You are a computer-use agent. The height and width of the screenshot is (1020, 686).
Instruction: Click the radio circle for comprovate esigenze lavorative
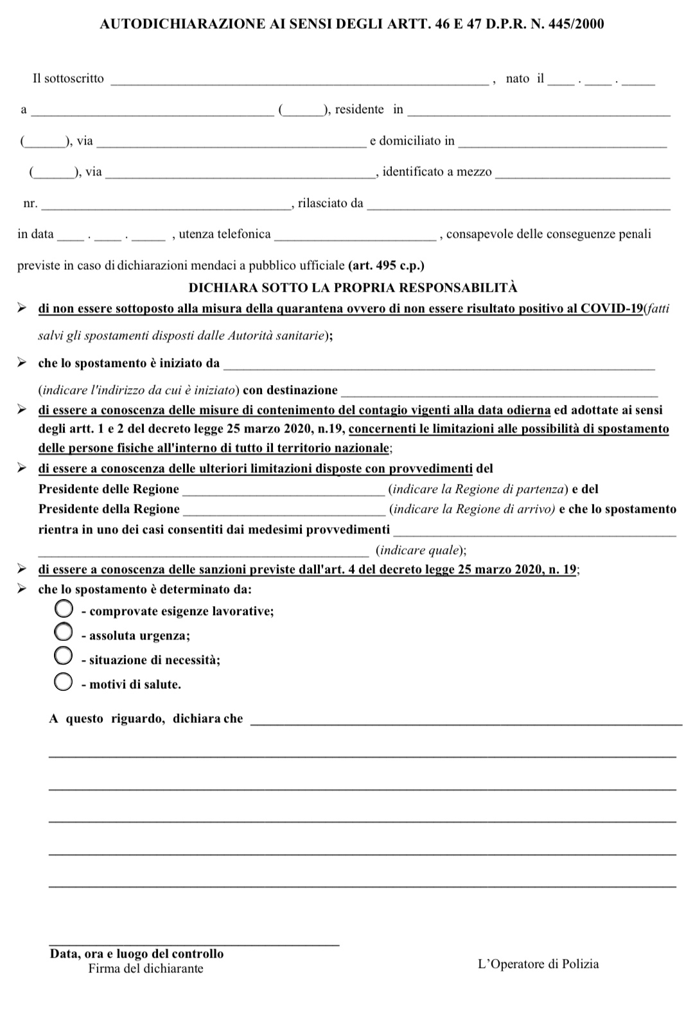[63, 609]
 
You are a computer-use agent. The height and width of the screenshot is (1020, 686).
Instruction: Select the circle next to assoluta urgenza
[63, 632]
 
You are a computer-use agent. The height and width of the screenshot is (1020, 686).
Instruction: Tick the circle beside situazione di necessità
[63, 656]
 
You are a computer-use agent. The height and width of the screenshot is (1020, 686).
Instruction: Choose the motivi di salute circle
[63, 682]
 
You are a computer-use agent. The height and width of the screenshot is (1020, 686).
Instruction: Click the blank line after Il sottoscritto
[299, 81]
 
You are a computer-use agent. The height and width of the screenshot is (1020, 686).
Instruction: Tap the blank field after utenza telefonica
[355, 237]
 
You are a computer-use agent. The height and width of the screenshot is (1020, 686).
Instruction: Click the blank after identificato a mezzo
[583, 174]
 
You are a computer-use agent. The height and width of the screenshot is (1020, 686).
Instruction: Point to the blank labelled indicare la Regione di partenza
[284, 492]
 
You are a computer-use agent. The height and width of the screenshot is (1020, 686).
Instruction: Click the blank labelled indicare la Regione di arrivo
[284, 512]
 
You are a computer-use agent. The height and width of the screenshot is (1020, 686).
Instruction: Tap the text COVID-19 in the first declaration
[611, 308]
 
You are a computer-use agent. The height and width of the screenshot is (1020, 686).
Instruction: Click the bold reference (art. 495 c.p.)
[386, 265]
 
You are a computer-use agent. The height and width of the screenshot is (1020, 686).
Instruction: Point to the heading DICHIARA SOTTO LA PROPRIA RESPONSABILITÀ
[353, 287]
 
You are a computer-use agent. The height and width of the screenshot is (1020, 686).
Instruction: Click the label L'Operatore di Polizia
[538, 963]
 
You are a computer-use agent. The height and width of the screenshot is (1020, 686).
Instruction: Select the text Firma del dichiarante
[146, 969]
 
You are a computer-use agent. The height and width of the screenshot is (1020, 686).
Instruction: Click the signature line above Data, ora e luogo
[194, 944]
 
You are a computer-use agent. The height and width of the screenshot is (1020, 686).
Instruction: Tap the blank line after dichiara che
[465, 722]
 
